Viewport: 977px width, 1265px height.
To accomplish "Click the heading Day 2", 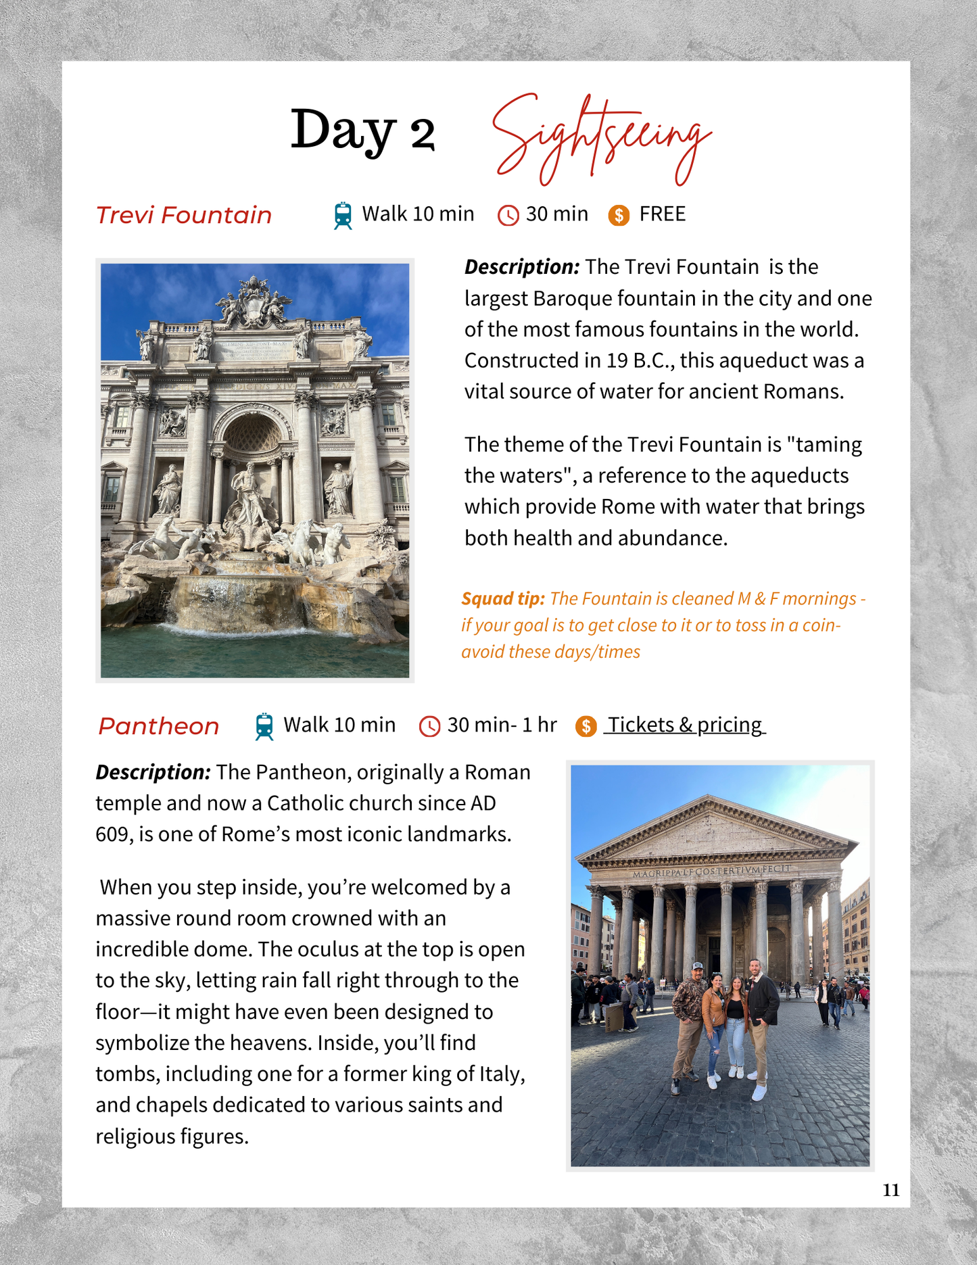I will click(362, 130).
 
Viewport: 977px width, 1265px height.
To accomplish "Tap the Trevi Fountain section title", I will click(184, 215).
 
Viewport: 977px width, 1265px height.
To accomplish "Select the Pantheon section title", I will click(159, 726).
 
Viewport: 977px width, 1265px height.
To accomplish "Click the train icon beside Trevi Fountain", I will click(343, 216).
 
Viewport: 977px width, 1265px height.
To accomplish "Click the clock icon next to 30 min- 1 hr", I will click(429, 727).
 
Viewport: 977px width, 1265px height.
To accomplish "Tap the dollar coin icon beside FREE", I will click(619, 216).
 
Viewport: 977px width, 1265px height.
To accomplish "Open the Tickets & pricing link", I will click(684, 725).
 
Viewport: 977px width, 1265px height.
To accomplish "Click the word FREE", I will click(662, 214).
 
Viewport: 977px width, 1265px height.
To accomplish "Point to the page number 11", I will click(890, 1191).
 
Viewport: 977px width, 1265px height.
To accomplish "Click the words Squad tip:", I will click(502, 598).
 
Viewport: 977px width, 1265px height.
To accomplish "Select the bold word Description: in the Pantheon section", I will click(153, 772).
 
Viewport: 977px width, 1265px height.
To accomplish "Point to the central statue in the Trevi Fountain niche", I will click(250, 494).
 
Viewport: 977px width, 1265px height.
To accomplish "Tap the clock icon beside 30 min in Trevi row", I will click(508, 216).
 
